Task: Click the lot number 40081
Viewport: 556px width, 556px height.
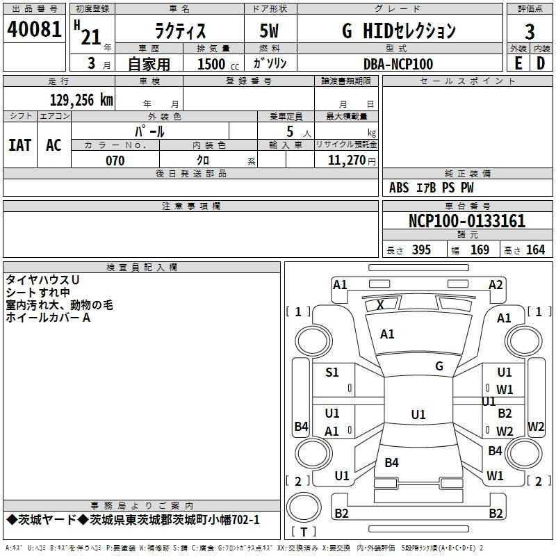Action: pos(34,29)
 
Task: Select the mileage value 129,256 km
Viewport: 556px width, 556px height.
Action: pos(81,100)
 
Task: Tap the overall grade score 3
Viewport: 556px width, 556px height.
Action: pos(530,31)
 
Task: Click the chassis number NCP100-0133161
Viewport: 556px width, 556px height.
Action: pos(467,221)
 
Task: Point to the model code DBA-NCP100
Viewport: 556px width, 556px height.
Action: pos(398,64)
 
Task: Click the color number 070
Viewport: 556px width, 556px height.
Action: pos(115,161)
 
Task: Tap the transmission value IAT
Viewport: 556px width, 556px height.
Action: pos(20,145)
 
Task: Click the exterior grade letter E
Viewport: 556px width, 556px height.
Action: pos(518,63)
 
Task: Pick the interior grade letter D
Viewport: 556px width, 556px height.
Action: pos(541,63)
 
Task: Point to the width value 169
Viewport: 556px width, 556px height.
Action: pos(480,250)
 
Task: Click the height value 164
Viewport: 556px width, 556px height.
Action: pos(535,250)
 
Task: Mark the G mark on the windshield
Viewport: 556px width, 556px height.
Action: pos(439,366)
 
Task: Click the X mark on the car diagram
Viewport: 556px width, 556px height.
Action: pos(380,305)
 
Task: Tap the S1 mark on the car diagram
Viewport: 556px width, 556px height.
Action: pos(332,373)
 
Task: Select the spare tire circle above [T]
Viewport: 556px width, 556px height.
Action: pos(304,507)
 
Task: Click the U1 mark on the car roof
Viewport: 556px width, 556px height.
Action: pos(418,414)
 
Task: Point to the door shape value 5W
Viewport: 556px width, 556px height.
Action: pos(269,31)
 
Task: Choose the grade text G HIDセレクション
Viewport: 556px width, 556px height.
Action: pos(399,31)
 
